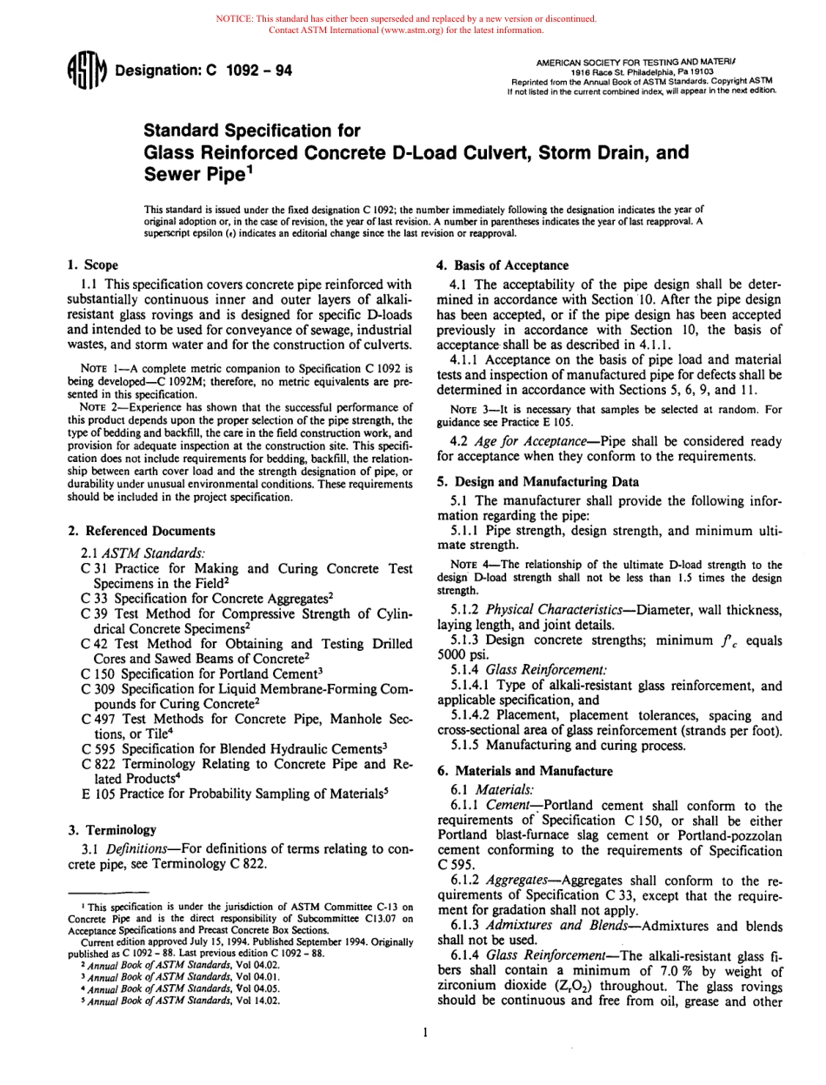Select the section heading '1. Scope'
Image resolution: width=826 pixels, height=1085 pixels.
pyautogui.click(x=93, y=265)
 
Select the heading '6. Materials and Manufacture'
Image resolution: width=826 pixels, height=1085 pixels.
pyautogui.click(x=523, y=770)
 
